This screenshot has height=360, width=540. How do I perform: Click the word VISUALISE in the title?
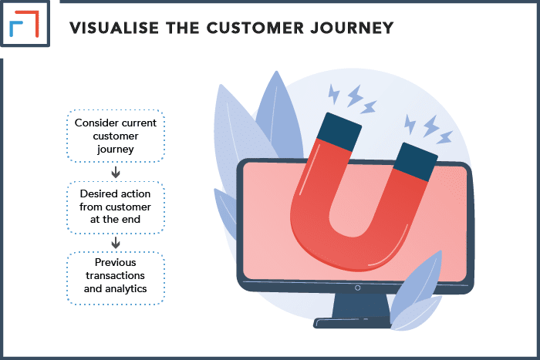114,28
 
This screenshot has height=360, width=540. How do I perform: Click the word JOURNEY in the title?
352,28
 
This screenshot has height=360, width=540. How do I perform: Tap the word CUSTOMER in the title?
255,28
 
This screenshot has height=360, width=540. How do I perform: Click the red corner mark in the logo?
29,22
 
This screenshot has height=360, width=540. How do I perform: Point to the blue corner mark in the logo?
15,28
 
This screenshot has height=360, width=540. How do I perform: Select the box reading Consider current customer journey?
116,136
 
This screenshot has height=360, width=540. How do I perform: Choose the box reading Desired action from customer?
116,207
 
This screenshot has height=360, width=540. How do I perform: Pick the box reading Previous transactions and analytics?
116,278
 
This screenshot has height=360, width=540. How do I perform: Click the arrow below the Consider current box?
116,172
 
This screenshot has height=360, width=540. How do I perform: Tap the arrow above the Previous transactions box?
116,243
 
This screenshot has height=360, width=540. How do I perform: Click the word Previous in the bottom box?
116,262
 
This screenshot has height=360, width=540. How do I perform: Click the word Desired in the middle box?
96,193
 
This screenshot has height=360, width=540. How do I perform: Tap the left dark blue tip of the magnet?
339,132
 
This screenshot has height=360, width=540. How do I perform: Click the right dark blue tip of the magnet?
415,162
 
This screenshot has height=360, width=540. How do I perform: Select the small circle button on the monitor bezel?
357,288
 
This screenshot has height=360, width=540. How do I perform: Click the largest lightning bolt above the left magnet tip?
355,96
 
